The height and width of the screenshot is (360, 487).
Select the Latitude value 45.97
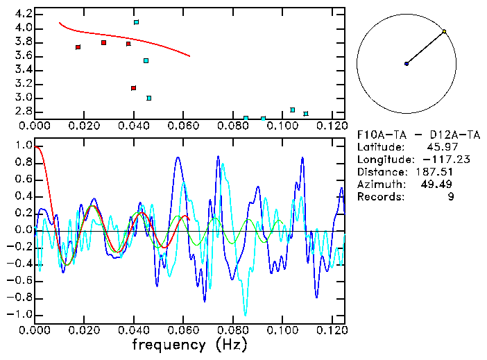click(456, 147)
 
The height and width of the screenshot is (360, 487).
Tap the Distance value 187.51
click(453, 172)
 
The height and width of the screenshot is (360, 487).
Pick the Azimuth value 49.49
click(456, 185)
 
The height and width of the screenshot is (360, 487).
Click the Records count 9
click(470, 197)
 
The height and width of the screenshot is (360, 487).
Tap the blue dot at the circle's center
click(407, 64)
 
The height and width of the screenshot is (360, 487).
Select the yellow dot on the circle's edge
click(445, 31)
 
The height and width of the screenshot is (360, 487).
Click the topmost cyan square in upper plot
click(136, 22)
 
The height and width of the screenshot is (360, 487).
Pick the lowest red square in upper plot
click(133, 88)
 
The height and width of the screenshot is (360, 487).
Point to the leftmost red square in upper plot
click(78, 47)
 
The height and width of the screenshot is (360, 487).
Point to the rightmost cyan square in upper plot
click(306, 114)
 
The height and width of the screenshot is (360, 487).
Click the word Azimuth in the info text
click(379, 185)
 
